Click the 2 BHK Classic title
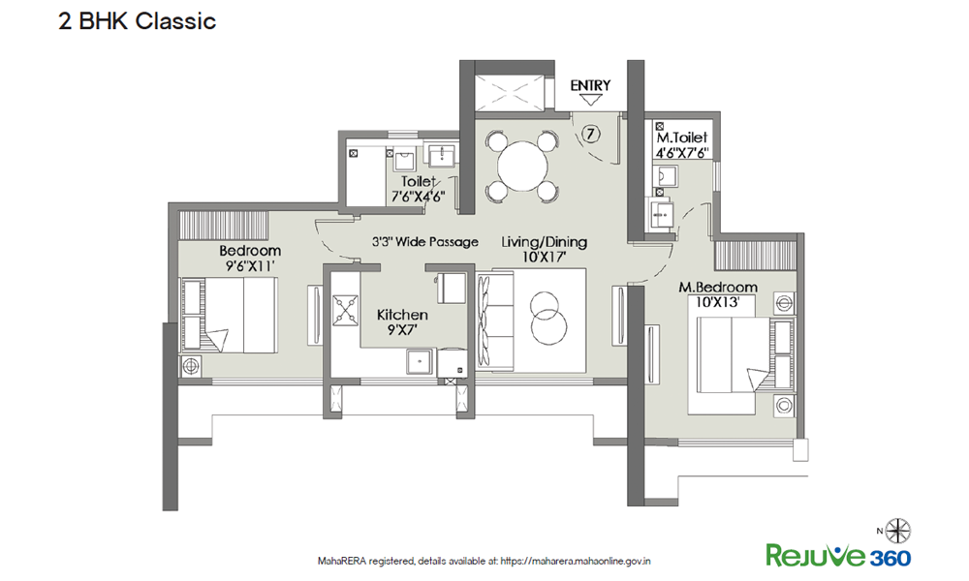pos(138,21)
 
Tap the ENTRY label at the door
pos(590,85)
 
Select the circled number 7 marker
pos(591,134)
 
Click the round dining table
pos(522,167)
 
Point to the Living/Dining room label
pos(544,242)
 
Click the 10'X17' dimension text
pos(545,257)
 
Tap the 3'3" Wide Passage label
pos(425,241)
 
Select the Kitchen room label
pos(402,315)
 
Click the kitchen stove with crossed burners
pos(346,311)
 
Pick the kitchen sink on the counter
pos(421,361)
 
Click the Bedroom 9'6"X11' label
pos(250,259)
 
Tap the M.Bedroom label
pos(718,287)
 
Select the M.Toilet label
pos(681,138)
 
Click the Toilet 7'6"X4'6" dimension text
pos(419,197)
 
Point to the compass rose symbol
pos(897,531)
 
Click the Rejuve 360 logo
pos(838,555)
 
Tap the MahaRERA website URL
pos(576,562)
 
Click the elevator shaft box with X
pos(510,94)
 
